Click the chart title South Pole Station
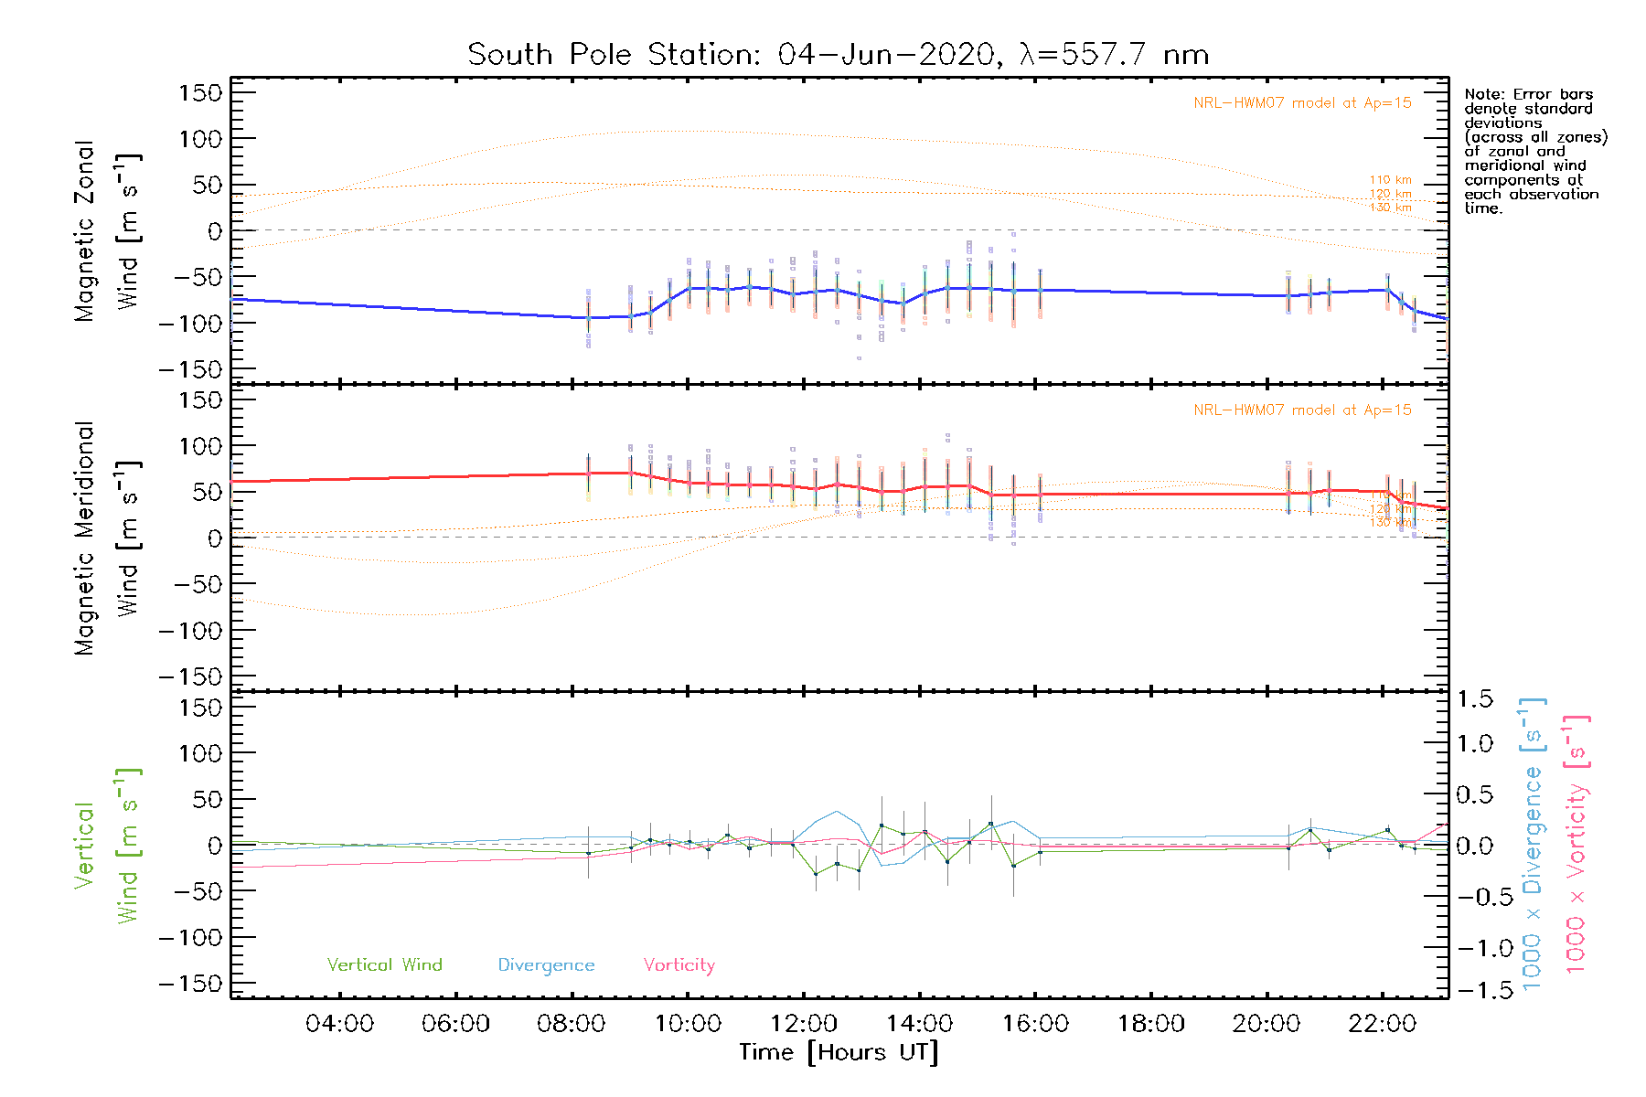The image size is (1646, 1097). pyautogui.click(x=838, y=55)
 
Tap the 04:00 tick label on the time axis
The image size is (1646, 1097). pyautogui.click(x=339, y=1024)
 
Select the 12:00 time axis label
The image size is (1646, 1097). pyautogui.click(x=803, y=1024)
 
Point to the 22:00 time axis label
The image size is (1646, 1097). pyautogui.click(x=1382, y=1024)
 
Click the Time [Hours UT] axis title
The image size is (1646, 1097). pyautogui.click(x=839, y=1052)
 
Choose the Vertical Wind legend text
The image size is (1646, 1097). pyautogui.click(x=384, y=965)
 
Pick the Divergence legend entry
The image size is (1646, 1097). pyautogui.click(x=546, y=965)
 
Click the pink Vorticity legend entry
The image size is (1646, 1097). pyautogui.click(x=679, y=965)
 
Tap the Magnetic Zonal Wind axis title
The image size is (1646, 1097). pyautogui.click(x=108, y=230)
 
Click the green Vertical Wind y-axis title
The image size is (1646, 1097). pyautogui.click(x=108, y=846)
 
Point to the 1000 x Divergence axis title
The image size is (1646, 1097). pyautogui.click(x=1533, y=846)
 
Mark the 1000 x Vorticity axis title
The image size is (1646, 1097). pyautogui.click(x=1577, y=846)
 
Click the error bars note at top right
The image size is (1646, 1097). pyautogui.click(x=1534, y=151)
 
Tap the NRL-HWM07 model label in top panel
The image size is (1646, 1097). pyautogui.click(x=1302, y=103)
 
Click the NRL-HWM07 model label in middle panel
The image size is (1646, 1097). pyautogui.click(x=1302, y=410)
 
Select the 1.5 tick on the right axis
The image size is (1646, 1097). pyautogui.click(x=1474, y=699)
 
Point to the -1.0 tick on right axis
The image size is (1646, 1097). pyautogui.click(x=1474, y=948)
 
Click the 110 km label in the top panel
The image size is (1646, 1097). pyautogui.click(x=1390, y=180)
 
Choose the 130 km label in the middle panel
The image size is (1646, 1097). pyautogui.click(x=1390, y=523)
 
